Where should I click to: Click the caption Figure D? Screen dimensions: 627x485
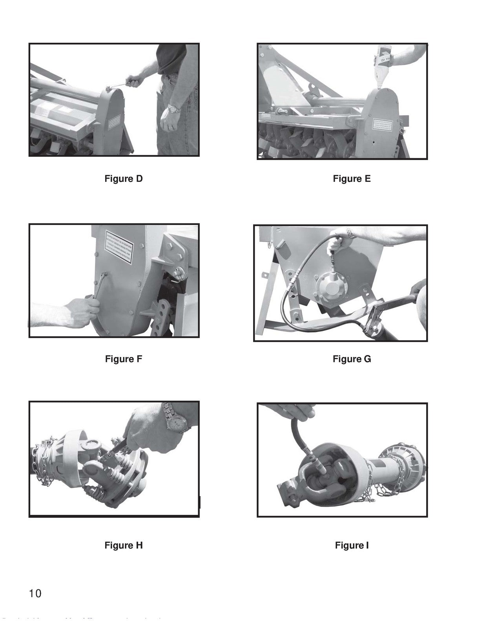(124, 179)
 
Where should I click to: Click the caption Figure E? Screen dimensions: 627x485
(352, 179)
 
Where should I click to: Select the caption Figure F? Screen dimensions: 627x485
(124, 359)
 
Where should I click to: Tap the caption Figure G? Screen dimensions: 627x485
(352, 359)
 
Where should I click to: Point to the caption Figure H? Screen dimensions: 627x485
(124, 545)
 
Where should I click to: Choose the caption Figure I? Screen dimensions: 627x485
(352, 545)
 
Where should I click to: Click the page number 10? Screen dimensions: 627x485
(35, 593)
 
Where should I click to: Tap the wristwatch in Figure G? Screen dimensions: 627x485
(350, 234)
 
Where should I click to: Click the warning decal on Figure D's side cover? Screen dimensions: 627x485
(114, 122)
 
